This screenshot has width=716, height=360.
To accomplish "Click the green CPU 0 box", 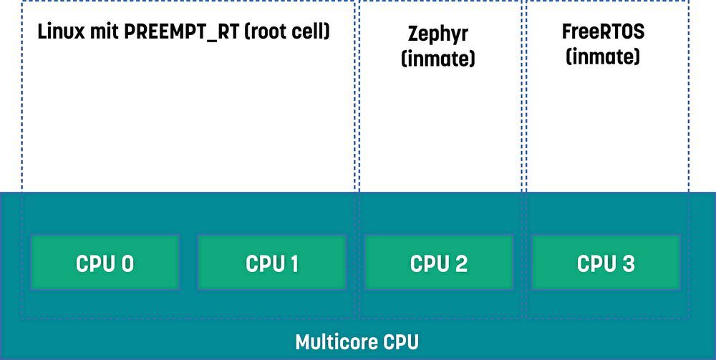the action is pos(105,263).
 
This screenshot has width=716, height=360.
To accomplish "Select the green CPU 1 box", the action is pos(271,263).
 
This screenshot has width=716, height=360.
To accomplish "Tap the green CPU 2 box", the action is pos(439,263).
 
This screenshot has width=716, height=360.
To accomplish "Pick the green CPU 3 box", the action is pos(606,263).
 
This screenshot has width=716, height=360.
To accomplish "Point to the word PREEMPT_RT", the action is pos(182,32).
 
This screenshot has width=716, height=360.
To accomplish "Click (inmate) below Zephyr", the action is pos(438,59).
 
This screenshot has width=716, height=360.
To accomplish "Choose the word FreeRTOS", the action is pos(603,32).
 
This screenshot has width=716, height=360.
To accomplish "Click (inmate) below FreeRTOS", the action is pos(603,57).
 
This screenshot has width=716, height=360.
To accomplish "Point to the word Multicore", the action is pos(334,342).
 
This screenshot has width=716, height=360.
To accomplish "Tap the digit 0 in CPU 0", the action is pos(127,263).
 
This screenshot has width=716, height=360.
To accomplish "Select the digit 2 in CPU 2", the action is pos(460,263).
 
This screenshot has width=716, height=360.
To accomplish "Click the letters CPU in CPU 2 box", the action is pos(429,263).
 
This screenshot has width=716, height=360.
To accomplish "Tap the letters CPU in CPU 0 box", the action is pos(95,263).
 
